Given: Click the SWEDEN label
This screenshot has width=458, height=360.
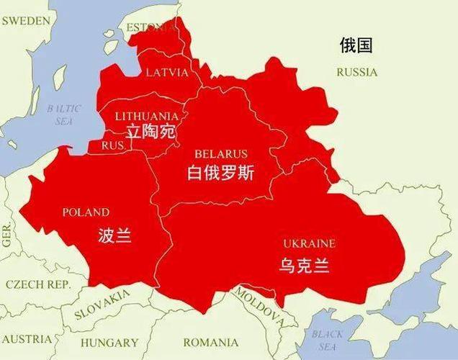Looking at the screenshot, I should (x=26, y=20).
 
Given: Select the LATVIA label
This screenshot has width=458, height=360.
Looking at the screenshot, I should (x=166, y=73).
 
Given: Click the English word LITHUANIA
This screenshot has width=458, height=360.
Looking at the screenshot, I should (x=147, y=116).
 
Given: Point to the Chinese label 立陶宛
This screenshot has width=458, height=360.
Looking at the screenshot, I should (x=151, y=132).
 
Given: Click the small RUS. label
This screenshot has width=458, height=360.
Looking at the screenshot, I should (x=113, y=145).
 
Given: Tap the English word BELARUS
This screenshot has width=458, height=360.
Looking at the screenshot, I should (x=220, y=154).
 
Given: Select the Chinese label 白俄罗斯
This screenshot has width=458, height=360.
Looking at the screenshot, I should (x=220, y=174).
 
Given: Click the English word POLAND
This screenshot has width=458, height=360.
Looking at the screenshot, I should (x=86, y=212).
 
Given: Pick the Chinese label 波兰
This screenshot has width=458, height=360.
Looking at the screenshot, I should (x=114, y=235).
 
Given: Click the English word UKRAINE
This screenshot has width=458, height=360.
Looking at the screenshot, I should (x=308, y=243).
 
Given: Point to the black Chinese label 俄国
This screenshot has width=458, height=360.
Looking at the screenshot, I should (x=356, y=46).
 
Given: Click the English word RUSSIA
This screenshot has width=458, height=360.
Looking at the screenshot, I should (x=356, y=72).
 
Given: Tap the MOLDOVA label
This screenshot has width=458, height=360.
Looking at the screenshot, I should (x=256, y=305).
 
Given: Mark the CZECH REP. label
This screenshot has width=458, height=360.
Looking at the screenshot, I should (x=38, y=284).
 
